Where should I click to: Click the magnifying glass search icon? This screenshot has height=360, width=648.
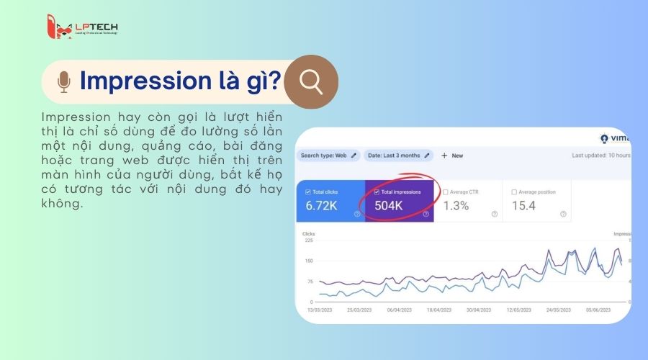[311, 81]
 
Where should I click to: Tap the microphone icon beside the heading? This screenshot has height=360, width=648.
[64, 82]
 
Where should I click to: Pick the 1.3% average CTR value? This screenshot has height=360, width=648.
[455, 206]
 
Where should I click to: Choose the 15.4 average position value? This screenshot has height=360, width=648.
[523, 206]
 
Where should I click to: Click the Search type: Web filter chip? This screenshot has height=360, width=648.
[328, 155]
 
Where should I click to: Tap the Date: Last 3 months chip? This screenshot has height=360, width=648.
[398, 155]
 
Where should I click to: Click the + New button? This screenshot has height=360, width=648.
[452, 155]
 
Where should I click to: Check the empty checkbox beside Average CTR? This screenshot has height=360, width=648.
[445, 192]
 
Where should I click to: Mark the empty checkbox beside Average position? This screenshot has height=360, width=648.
[514, 192]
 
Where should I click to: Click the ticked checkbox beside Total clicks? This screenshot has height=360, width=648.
[309, 192]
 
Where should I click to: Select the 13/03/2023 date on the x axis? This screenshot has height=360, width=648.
[320, 310]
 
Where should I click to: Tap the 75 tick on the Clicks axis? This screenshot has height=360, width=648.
[310, 282]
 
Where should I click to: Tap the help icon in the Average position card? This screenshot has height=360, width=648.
[562, 214]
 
